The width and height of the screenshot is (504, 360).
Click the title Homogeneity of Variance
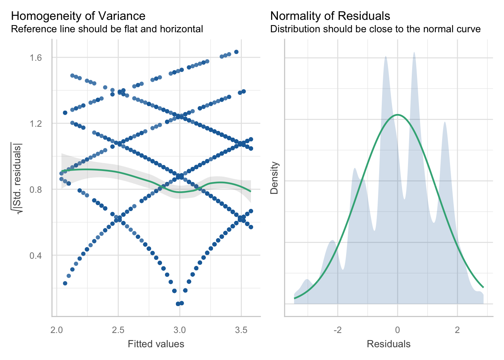point(78,16)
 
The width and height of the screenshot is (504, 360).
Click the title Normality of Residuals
point(330,16)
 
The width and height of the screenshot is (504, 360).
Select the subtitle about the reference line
point(107,29)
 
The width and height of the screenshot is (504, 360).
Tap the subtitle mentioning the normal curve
point(375,29)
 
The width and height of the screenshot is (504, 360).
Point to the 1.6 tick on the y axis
point(36,57)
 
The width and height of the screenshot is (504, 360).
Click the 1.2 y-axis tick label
point(36,123)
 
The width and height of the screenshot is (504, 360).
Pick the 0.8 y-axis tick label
point(36,189)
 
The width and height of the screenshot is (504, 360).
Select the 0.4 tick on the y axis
point(36,255)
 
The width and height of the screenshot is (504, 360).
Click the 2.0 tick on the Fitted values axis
point(57,330)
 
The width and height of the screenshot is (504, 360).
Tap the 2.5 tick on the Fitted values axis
point(118,330)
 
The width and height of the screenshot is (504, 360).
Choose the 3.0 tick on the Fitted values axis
point(180,330)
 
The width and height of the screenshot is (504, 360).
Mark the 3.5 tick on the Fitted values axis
point(241,330)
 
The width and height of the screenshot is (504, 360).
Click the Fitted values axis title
point(156,344)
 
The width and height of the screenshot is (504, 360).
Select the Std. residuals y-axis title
point(17,178)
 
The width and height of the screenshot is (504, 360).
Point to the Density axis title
point(274,178)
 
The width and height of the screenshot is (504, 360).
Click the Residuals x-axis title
point(388,344)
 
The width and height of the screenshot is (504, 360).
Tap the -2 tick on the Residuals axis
point(337,330)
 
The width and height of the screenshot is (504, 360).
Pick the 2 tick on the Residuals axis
point(457,330)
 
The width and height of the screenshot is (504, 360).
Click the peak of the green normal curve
point(397,115)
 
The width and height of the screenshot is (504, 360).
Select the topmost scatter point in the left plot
point(236,52)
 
